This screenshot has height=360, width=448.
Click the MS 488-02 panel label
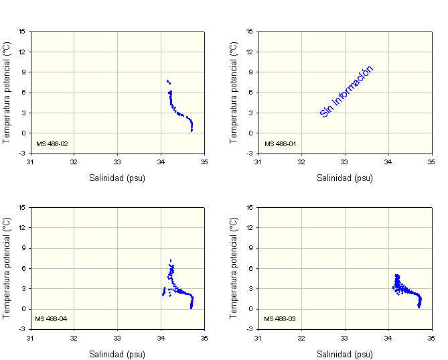click(x=52, y=143)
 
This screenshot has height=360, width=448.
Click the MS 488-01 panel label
click(x=279, y=143)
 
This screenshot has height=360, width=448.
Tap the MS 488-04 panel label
click(x=52, y=318)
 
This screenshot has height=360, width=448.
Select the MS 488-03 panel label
click(x=279, y=318)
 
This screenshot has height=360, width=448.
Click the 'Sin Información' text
click(x=346, y=92)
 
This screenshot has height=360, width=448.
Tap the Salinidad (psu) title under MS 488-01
click(x=345, y=178)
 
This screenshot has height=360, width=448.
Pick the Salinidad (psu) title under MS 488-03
click(x=345, y=354)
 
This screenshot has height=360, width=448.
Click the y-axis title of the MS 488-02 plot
click(x=7, y=92)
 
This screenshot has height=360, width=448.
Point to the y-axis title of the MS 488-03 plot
click(x=234, y=267)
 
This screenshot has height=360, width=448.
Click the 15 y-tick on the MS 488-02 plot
click(x=22, y=31)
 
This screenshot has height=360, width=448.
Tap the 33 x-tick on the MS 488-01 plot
click(x=345, y=162)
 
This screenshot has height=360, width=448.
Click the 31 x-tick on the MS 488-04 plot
click(x=30, y=337)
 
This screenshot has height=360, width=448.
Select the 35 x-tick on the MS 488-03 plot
click(x=432, y=337)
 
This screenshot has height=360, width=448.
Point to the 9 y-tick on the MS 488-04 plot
click(x=23, y=248)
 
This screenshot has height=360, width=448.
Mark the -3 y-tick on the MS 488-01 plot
click(x=250, y=154)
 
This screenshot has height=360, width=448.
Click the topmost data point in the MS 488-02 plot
click(x=167, y=81)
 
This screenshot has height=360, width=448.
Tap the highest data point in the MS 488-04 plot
click(x=171, y=260)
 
